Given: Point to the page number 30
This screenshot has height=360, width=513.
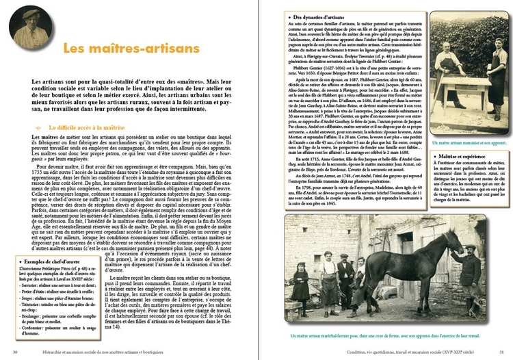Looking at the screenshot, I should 15,352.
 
